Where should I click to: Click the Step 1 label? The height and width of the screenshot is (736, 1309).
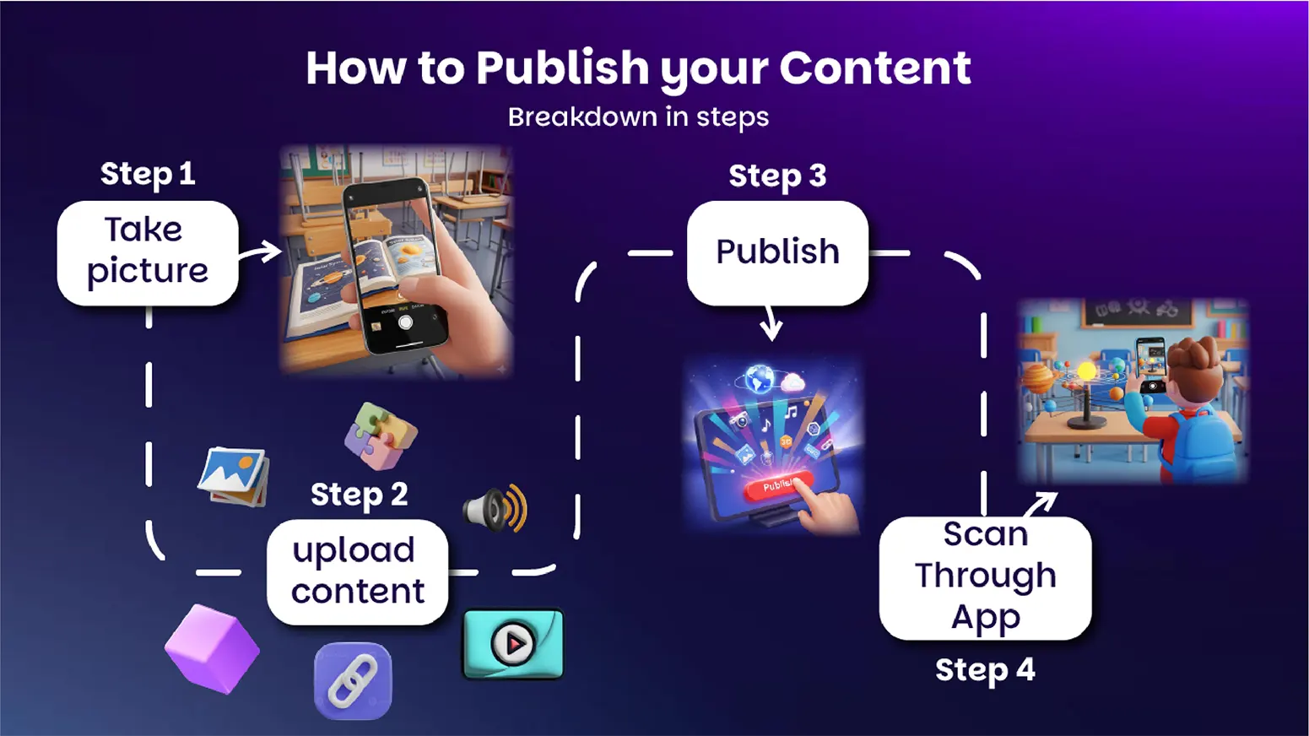tap(148, 174)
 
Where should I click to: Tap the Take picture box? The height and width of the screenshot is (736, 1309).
tap(148, 253)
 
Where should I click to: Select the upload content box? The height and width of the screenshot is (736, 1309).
tap(358, 571)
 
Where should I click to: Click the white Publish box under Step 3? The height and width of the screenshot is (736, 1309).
tap(778, 253)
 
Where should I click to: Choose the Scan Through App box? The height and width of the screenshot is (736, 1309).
tap(985, 577)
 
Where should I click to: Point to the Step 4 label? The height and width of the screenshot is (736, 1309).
tap(985, 670)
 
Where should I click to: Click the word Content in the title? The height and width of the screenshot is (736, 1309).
tap(875, 68)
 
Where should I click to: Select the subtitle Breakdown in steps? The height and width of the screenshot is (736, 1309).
tap(638, 117)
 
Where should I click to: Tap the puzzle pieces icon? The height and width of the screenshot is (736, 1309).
tap(381, 436)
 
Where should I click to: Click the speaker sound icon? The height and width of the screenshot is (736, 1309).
tap(495, 507)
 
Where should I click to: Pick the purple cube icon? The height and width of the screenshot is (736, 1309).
tap(212, 649)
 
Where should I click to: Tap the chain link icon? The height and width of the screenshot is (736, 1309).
tap(353, 680)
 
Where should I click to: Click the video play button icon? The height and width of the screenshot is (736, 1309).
tap(514, 644)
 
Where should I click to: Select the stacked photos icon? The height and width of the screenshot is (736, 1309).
tap(234, 476)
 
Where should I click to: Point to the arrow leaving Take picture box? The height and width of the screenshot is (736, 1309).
tap(261, 252)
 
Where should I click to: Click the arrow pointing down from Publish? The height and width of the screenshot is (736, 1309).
tap(771, 323)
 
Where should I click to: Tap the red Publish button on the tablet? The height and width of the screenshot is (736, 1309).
tap(778, 485)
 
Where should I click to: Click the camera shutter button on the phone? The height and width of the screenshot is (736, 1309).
tap(405, 322)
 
